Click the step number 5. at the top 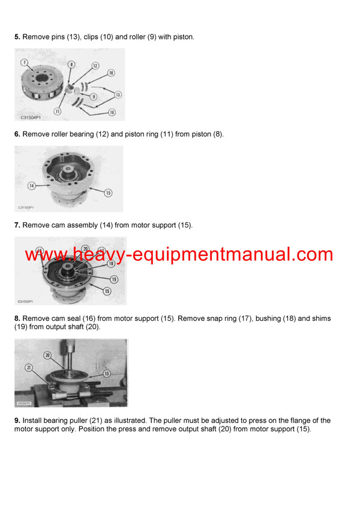click(17, 37)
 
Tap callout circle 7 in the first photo click(24, 62)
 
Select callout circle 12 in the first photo click(95, 65)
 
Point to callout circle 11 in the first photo click(58, 111)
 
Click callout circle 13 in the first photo click(118, 94)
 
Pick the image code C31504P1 click(29, 118)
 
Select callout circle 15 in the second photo click(109, 192)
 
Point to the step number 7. click(17, 225)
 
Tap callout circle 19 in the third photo click(114, 279)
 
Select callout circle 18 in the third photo click(110, 263)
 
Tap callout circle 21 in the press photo click(28, 367)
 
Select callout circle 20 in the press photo click(47, 355)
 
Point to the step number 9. click(17, 420)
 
